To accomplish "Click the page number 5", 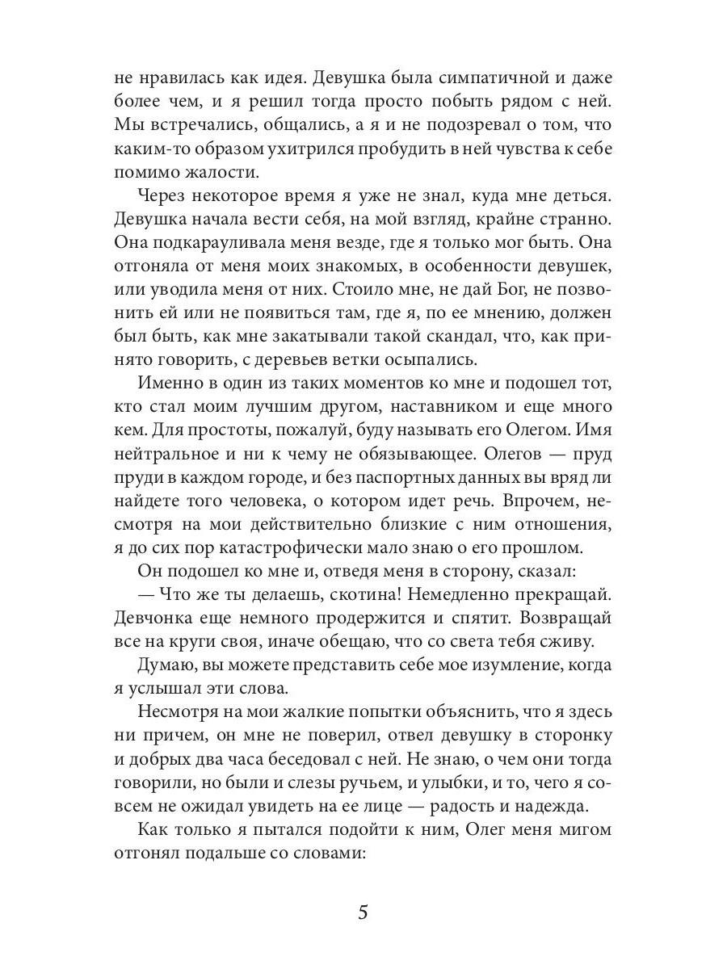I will (363, 913).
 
